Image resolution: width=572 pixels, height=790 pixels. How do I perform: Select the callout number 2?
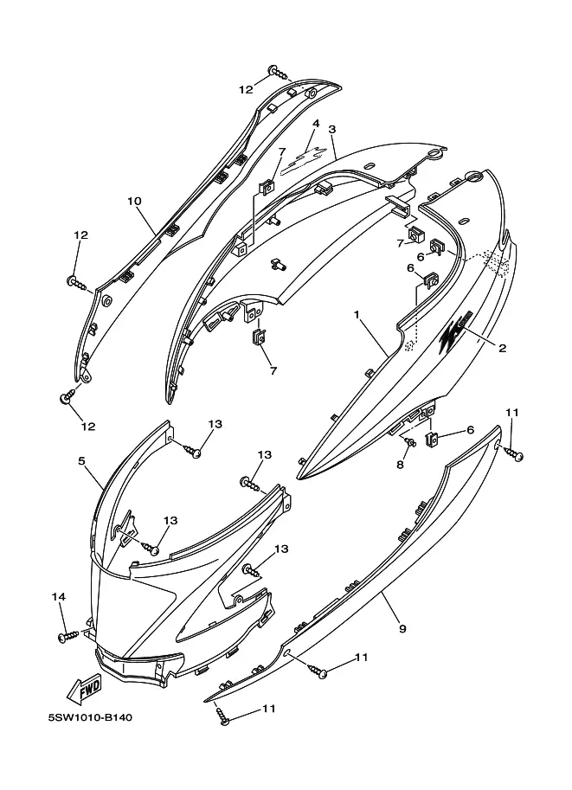(x=501, y=348)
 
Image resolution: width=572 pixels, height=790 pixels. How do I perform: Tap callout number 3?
(x=332, y=129)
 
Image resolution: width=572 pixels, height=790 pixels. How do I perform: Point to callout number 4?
(x=316, y=123)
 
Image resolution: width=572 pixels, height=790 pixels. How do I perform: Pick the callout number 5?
(x=82, y=461)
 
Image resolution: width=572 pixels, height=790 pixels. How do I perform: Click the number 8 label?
(x=399, y=465)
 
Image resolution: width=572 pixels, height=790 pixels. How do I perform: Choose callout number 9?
(x=402, y=629)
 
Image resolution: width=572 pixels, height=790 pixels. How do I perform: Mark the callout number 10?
(x=134, y=201)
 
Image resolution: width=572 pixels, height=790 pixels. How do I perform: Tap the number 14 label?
(x=59, y=597)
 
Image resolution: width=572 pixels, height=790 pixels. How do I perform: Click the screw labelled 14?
(x=66, y=638)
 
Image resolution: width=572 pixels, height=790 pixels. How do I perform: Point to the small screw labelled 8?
(x=411, y=442)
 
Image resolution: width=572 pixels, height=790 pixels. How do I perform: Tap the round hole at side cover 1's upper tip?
(x=474, y=178)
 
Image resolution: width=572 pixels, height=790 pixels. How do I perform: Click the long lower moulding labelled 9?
(x=363, y=588)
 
